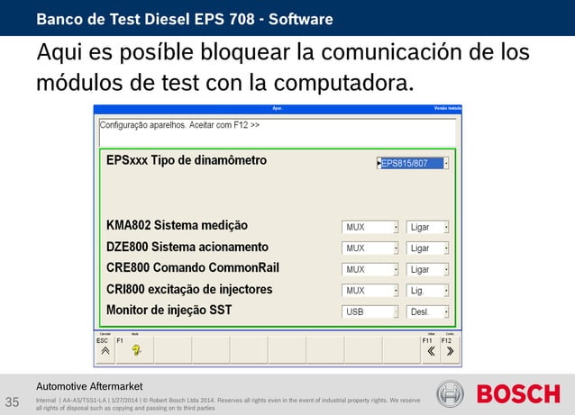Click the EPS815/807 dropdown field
(413, 164)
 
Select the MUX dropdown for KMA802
(370, 227)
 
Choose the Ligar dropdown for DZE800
(428, 248)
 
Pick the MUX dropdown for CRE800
(370, 269)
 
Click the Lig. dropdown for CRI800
(428, 291)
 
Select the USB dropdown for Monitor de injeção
(370, 312)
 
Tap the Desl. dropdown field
(428, 312)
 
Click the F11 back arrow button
(429, 350)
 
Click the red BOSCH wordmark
(518, 394)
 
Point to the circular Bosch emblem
(451, 394)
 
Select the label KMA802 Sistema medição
(177, 225)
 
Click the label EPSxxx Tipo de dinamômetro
(187, 161)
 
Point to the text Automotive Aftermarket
(89, 386)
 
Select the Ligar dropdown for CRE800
(428, 269)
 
